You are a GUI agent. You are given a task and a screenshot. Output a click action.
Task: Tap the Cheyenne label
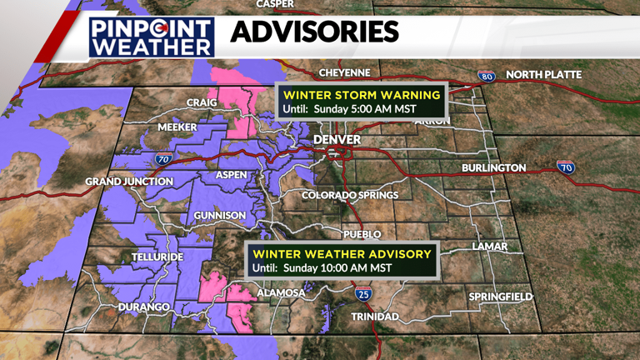(x=344, y=72)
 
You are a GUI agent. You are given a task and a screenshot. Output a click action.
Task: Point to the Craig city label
(x=202, y=102)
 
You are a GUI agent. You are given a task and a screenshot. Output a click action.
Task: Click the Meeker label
(x=177, y=127)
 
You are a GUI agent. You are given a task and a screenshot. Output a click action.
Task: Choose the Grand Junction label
(x=129, y=182)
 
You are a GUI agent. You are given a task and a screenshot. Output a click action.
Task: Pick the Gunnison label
(x=220, y=216)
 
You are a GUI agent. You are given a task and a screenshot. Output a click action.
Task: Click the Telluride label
(x=157, y=257)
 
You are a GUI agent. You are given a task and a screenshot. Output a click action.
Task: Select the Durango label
(x=145, y=307)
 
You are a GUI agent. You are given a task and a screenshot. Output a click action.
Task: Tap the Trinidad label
(x=375, y=317)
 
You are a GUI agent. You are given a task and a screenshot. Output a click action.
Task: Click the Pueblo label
(x=362, y=234)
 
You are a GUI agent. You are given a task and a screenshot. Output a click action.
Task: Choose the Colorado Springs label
(x=350, y=195)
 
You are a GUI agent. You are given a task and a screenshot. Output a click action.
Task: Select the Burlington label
(x=493, y=168)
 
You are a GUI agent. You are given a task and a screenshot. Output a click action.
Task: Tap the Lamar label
(x=489, y=247)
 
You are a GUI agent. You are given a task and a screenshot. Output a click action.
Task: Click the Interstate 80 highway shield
(x=487, y=77)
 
